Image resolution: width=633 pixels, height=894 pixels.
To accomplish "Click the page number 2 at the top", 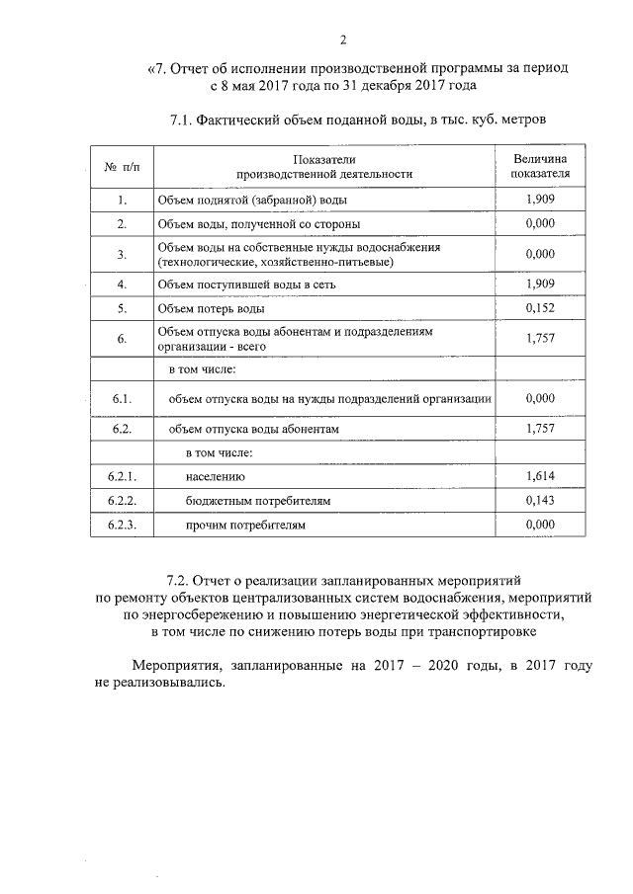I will (343, 40).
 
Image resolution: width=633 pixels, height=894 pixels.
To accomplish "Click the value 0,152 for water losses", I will (540, 308).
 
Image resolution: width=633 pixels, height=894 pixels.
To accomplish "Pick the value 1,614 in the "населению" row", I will (540, 476).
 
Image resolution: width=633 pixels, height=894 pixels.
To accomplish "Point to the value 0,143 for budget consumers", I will (540, 501).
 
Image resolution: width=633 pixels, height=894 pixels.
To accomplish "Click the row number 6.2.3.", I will (122, 526).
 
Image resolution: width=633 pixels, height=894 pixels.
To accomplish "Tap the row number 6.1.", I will (122, 398).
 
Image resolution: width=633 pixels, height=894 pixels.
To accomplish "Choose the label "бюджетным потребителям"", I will (258, 501).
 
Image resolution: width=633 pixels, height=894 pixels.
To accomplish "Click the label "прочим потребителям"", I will (246, 526).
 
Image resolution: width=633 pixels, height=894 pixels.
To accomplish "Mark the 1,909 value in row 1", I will (540, 200).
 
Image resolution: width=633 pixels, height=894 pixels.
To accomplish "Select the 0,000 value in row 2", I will (540, 224).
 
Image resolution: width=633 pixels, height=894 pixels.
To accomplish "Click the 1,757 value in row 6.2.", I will (540, 430).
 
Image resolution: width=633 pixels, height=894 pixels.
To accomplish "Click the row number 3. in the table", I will (122, 254).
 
